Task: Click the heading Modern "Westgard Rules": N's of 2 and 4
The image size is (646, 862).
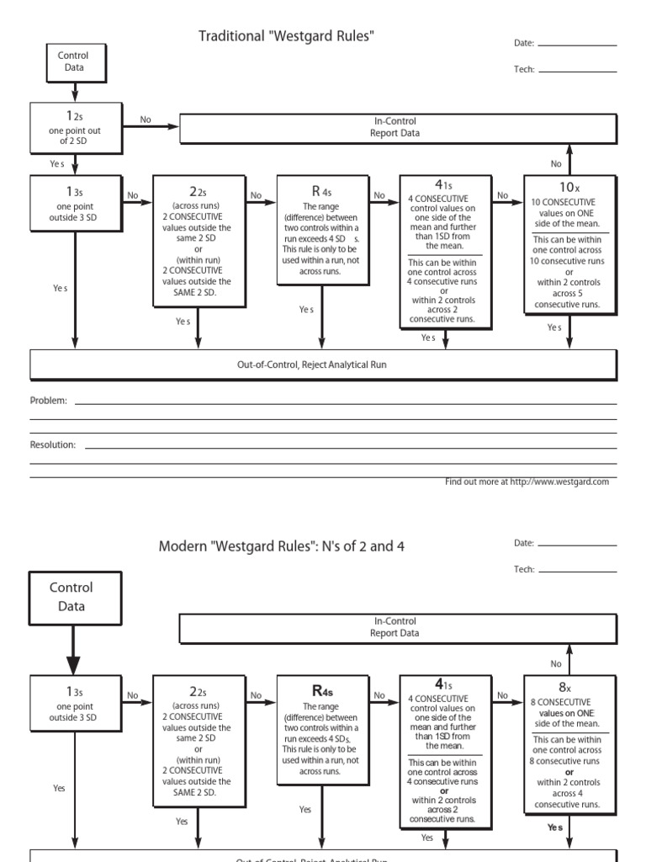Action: pyautogui.click(x=282, y=546)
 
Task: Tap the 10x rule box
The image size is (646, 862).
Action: pyautogui.click(x=569, y=243)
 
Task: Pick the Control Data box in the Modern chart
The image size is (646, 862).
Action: pyautogui.click(x=76, y=597)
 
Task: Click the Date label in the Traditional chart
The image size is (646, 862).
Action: pyautogui.click(x=523, y=43)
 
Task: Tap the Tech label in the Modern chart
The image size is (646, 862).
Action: pyautogui.click(x=524, y=570)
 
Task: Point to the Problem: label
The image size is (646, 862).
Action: pyautogui.click(x=49, y=402)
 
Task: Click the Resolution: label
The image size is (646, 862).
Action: pyautogui.click(x=53, y=444)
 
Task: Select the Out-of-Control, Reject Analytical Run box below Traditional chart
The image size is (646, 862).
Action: pyautogui.click(x=324, y=364)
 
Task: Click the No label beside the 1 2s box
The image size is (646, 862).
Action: pyautogui.click(x=146, y=120)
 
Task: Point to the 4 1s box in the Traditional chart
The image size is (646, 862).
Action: pyautogui.click(x=446, y=251)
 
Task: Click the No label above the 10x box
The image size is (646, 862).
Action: pyautogui.click(x=556, y=164)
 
